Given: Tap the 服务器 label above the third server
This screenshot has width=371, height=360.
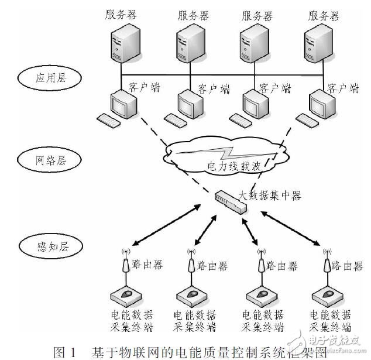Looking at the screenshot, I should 256,15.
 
